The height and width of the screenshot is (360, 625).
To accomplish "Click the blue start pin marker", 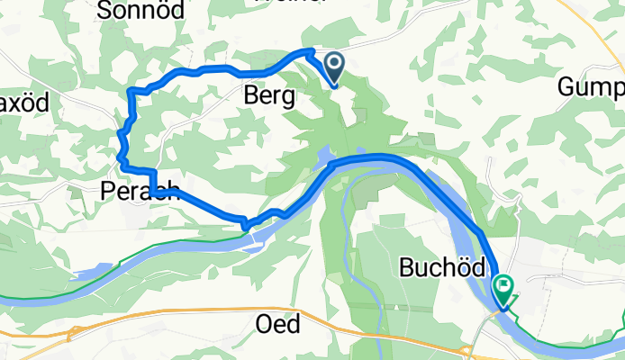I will [334, 67].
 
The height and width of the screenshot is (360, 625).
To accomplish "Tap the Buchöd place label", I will [446, 267].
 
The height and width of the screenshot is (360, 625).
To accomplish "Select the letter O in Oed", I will [263, 323].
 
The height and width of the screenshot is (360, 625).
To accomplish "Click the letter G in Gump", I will [566, 87].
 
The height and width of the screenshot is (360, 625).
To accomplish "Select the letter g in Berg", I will [287, 98].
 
